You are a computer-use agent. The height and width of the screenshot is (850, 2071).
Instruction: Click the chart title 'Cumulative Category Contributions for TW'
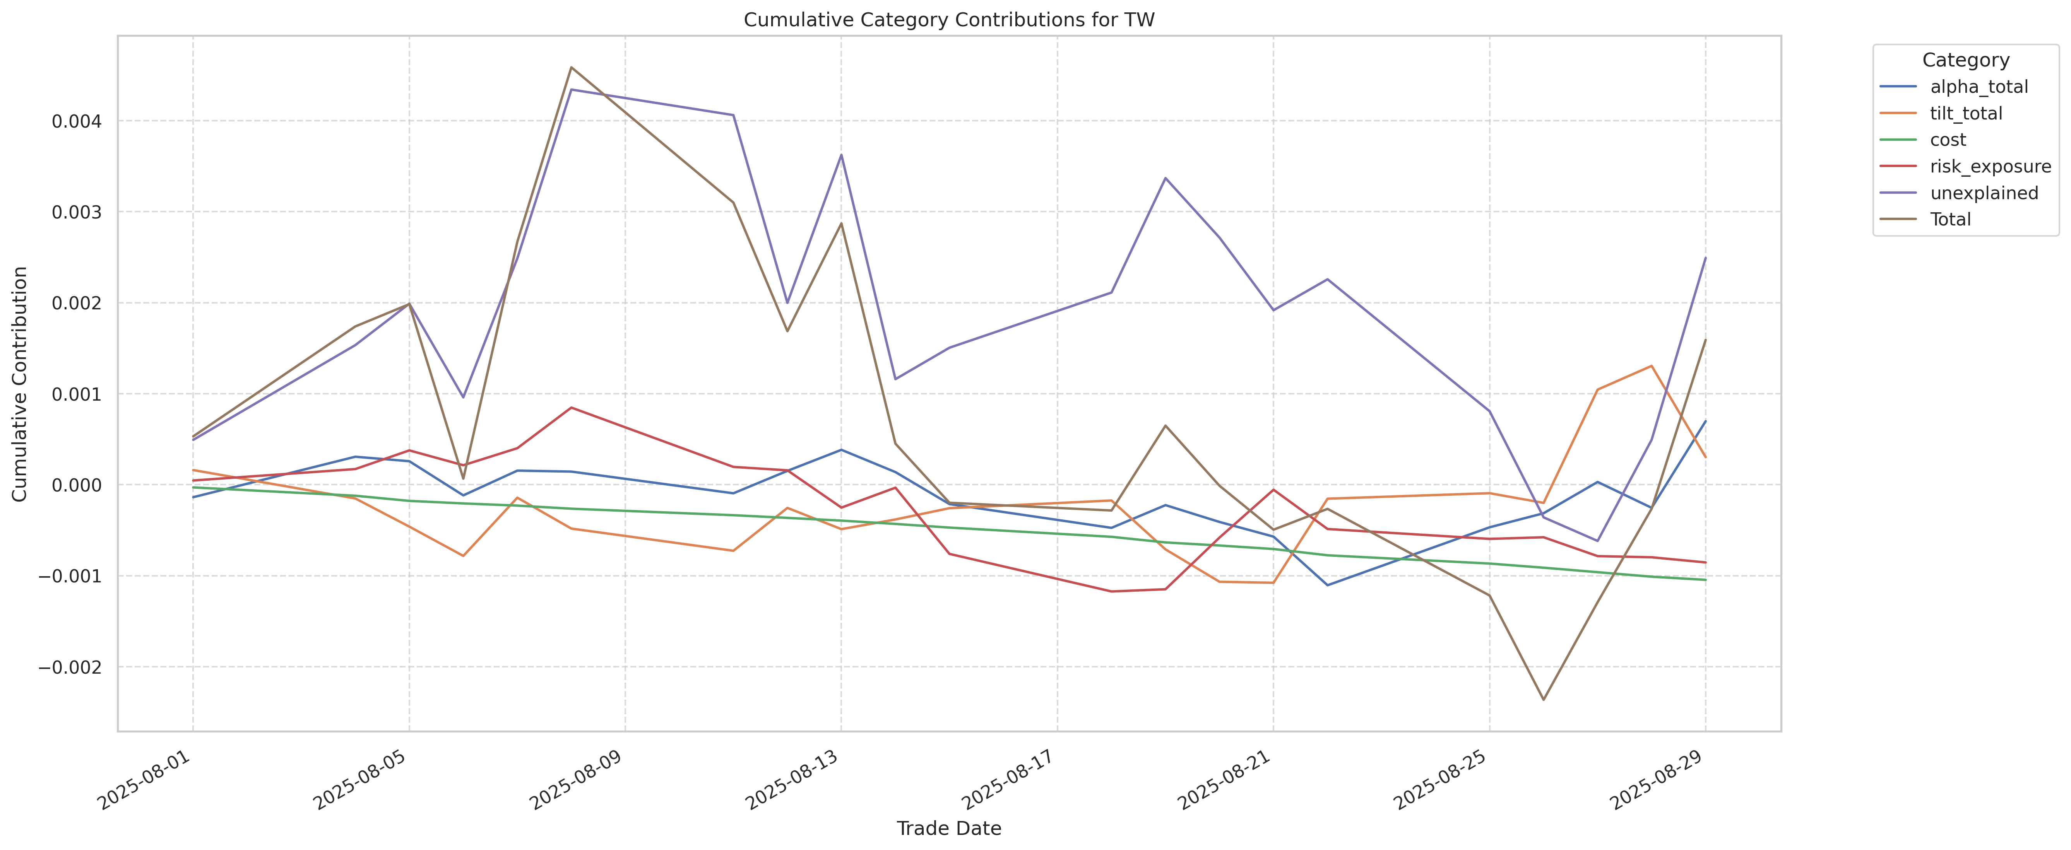[949, 20]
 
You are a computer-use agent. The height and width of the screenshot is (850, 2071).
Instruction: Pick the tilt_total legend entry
[1966, 113]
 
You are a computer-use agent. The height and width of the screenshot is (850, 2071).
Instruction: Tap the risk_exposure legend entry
[1990, 166]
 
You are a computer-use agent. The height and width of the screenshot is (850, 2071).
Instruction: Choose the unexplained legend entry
[1984, 193]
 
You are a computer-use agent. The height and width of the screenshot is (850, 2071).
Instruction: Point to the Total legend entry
[1949, 219]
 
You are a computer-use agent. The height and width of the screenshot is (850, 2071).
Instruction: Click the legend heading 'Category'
[1966, 60]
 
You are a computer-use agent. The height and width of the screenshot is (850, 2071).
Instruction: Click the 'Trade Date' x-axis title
[949, 828]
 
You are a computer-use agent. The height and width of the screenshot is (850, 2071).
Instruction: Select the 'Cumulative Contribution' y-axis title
[20, 384]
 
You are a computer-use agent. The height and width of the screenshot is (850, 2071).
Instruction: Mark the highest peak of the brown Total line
[571, 68]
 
